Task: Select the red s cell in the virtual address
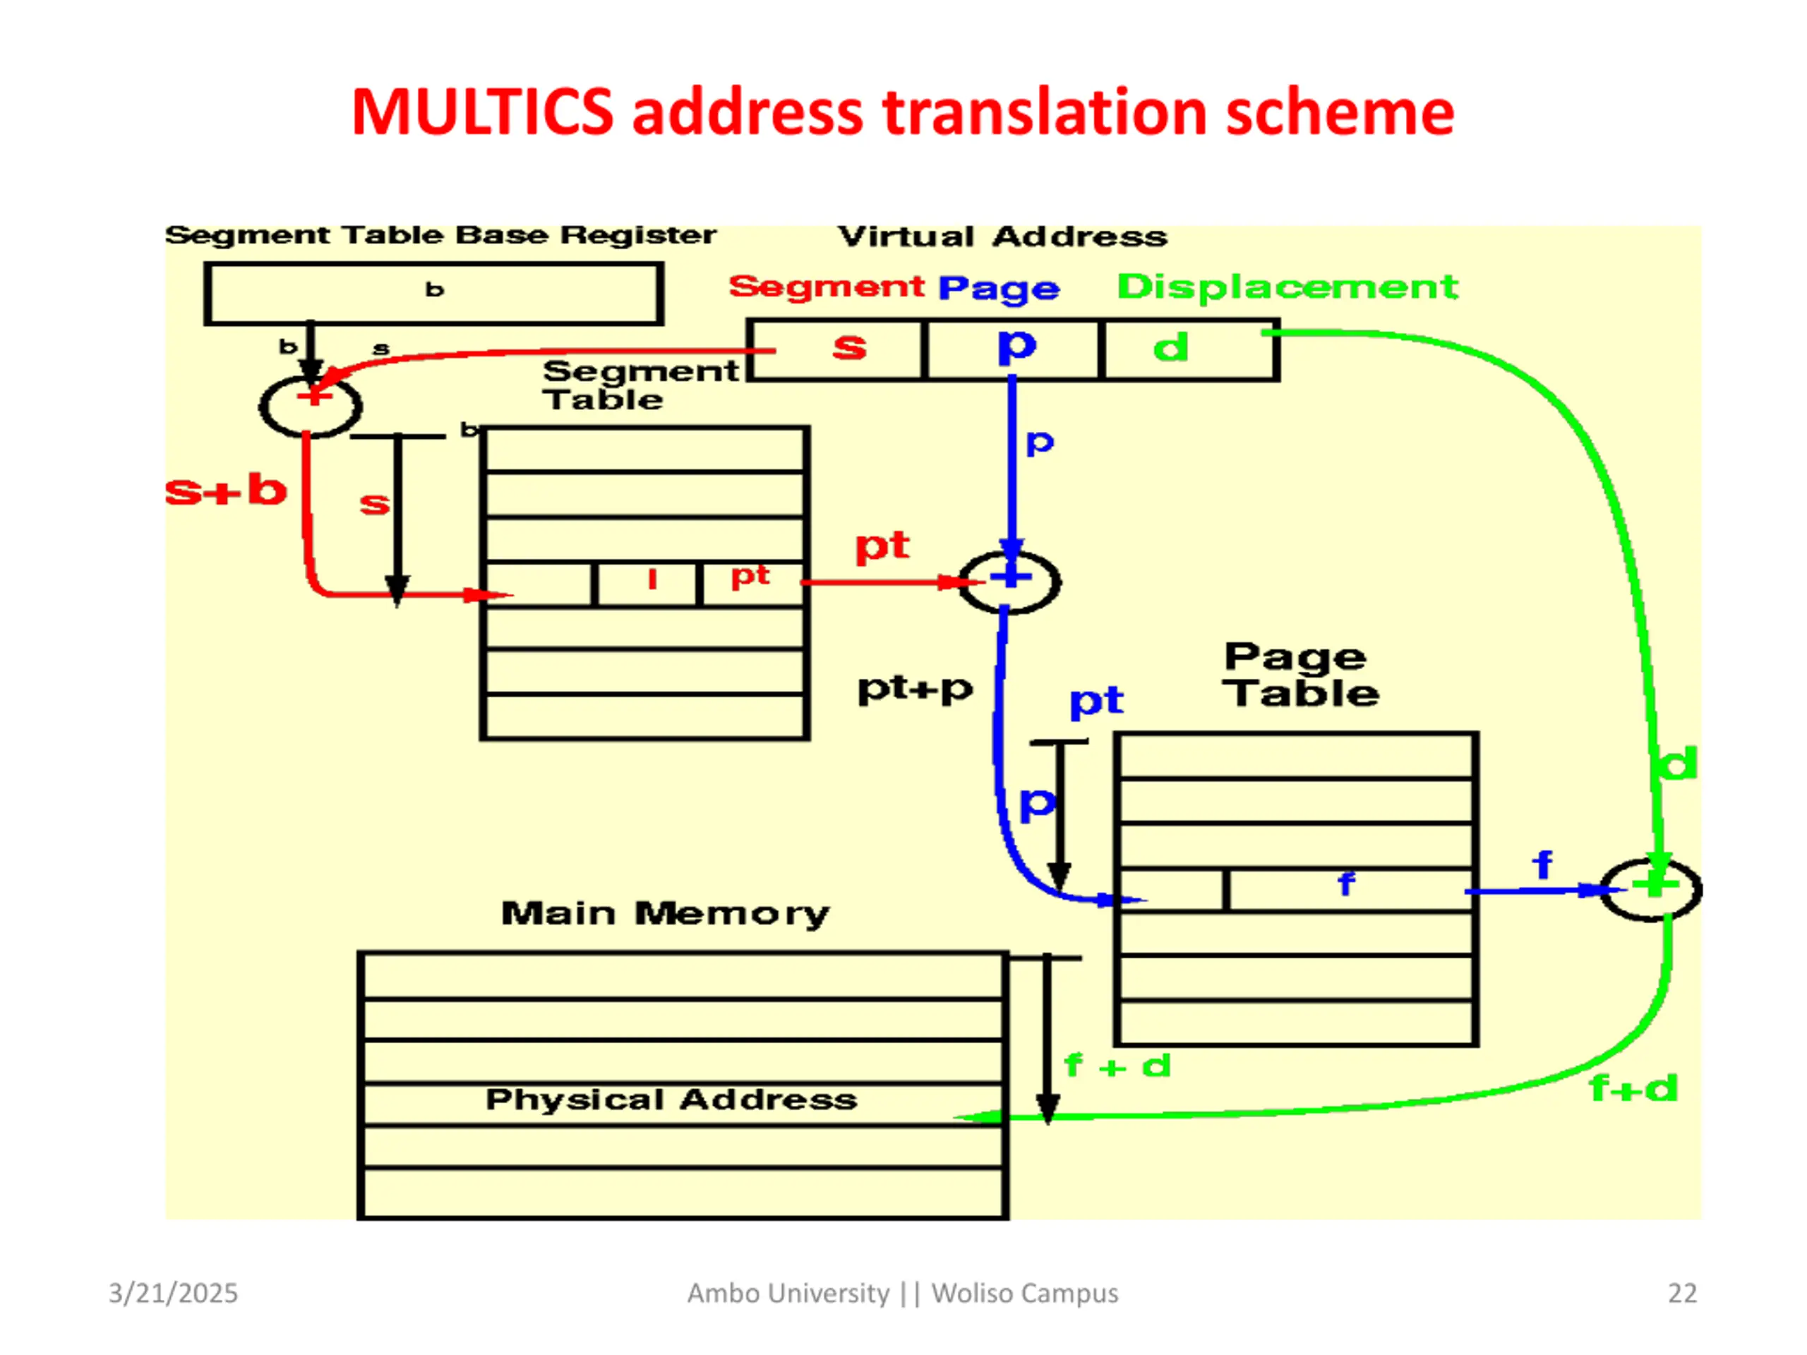click(836, 349)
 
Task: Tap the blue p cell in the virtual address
click(1013, 349)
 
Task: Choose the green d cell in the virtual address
click(1189, 349)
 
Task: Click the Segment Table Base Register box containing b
click(434, 293)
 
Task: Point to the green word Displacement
click(1287, 287)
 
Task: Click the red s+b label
click(225, 491)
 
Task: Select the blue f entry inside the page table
click(1346, 883)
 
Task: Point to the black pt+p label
click(915, 689)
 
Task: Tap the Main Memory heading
click(665, 913)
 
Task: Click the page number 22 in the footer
click(1682, 1293)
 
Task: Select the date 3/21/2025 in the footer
click(173, 1293)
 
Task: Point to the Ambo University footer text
click(903, 1293)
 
